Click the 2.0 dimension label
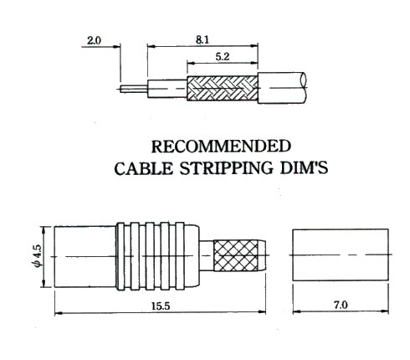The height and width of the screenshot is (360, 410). pyautogui.click(x=94, y=41)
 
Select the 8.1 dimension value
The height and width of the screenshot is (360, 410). pyautogui.click(x=202, y=40)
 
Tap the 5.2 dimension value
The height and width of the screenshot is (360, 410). pyautogui.click(x=223, y=57)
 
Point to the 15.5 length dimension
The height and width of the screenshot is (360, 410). pyautogui.click(x=161, y=306)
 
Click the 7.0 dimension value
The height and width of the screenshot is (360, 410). pyautogui.click(x=341, y=305)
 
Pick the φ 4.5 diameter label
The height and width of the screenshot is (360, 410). pyautogui.click(x=38, y=256)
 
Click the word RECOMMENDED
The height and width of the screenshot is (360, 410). pyautogui.click(x=221, y=147)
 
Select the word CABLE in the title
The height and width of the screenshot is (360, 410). pyautogui.click(x=144, y=168)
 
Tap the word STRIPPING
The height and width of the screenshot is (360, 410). pyautogui.click(x=226, y=168)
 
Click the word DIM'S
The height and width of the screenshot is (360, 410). pyautogui.click(x=304, y=168)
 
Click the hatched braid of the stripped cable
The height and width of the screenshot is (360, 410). pyautogui.click(x=223, y=88)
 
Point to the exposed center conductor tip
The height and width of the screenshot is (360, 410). pyautogui.click(x=121, y=89)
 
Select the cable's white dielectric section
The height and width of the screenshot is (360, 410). pyautogui.click(x=167, y=89)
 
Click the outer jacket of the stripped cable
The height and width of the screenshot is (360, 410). pyautogui.click(x=282, y=88)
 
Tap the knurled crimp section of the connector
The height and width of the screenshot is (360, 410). pyautogui.click(x=236, y=255)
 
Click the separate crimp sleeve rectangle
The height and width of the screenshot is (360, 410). pyautogui.click(x=341, y=255)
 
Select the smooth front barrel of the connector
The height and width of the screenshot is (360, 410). pyautogui.click(x=85, y=256)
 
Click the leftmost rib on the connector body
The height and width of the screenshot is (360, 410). pyautogui.click(x=120, y=256)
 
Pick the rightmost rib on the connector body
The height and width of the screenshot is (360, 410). pyautogui.click(x=180, y=256)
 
